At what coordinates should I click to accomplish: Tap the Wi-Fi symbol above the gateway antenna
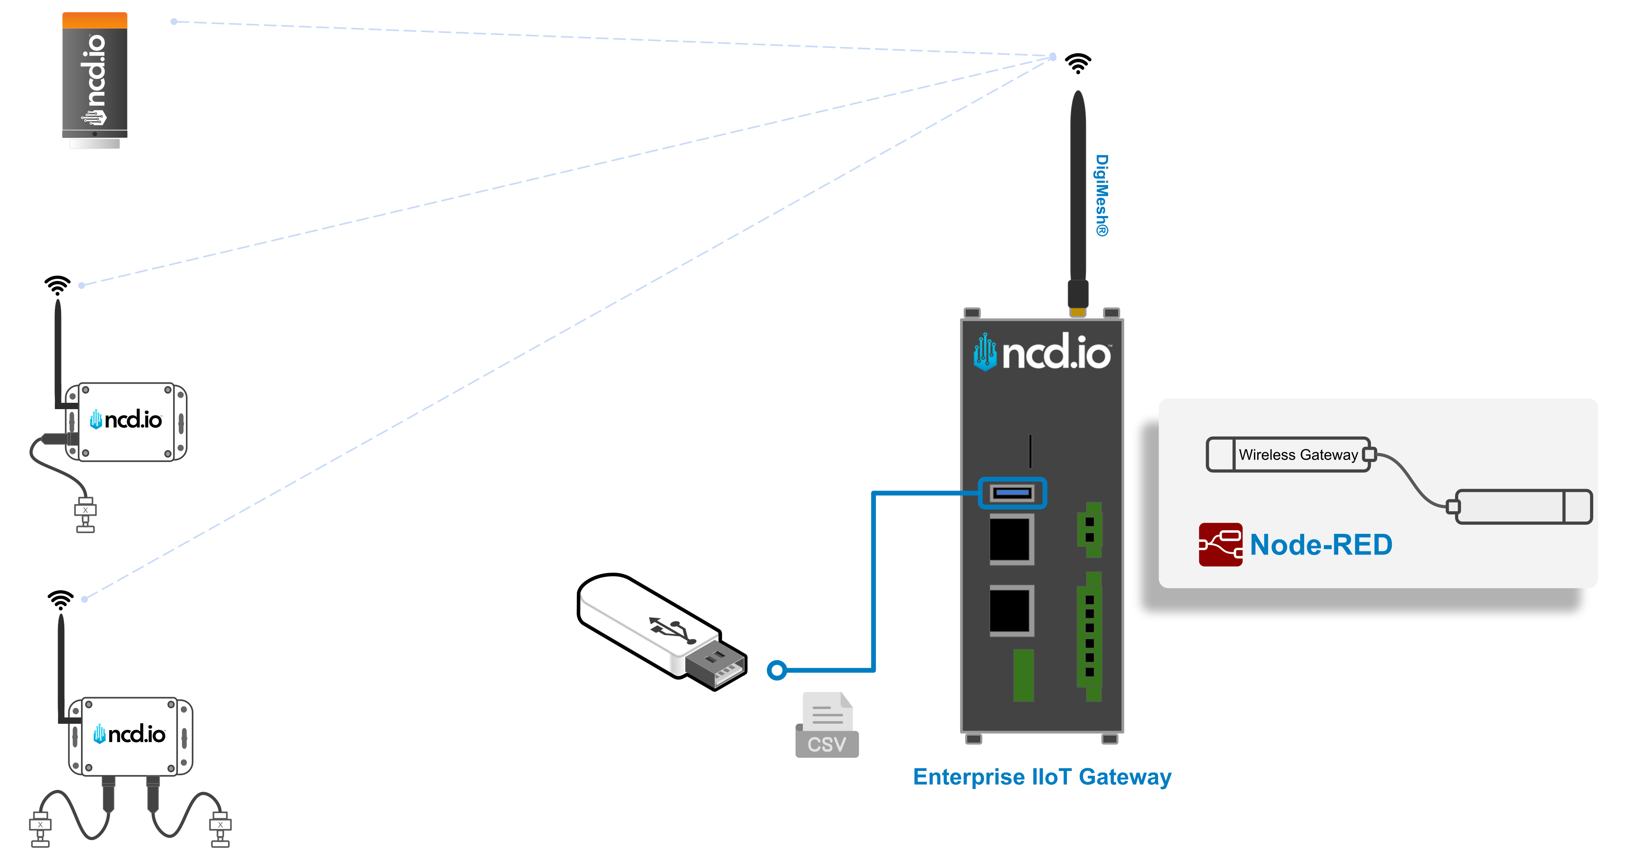point(1078,63)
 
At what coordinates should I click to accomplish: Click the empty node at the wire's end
point(1522,507)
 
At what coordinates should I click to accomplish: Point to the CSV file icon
point(827,725)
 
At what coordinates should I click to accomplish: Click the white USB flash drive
point(660,632)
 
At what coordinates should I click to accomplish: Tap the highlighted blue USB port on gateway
point(1012,493)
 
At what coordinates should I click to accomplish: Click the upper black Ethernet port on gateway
point(1011,539)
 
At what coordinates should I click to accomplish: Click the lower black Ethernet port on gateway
point(1011,610)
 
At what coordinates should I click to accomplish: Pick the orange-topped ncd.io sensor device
point(95,76)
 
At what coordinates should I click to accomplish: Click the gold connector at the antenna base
point(1078,311)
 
